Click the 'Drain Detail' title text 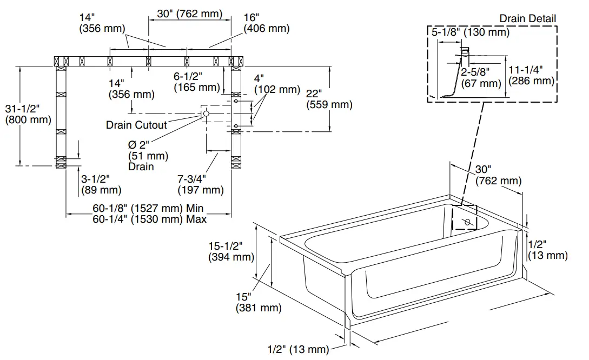coord(527,18)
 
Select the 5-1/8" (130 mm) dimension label coord(470,32)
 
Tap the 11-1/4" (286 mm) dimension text coord(531,75)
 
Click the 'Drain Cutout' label coord(136,125)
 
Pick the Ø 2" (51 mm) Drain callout coord(148,156)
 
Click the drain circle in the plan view coord(206,114)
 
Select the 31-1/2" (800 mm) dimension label coord(28,114)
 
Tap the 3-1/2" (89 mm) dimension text coord(101,184)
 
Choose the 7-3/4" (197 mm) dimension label coord(200,184)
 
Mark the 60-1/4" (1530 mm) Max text coord(149,219)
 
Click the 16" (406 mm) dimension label coord(266,23)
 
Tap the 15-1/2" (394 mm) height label coord(231,251)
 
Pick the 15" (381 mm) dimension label coord(258,302)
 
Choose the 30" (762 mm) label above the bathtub coord(498,175)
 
